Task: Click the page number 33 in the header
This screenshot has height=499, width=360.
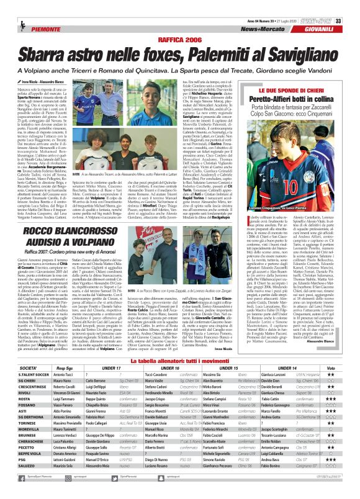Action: (x=354, y=6)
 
